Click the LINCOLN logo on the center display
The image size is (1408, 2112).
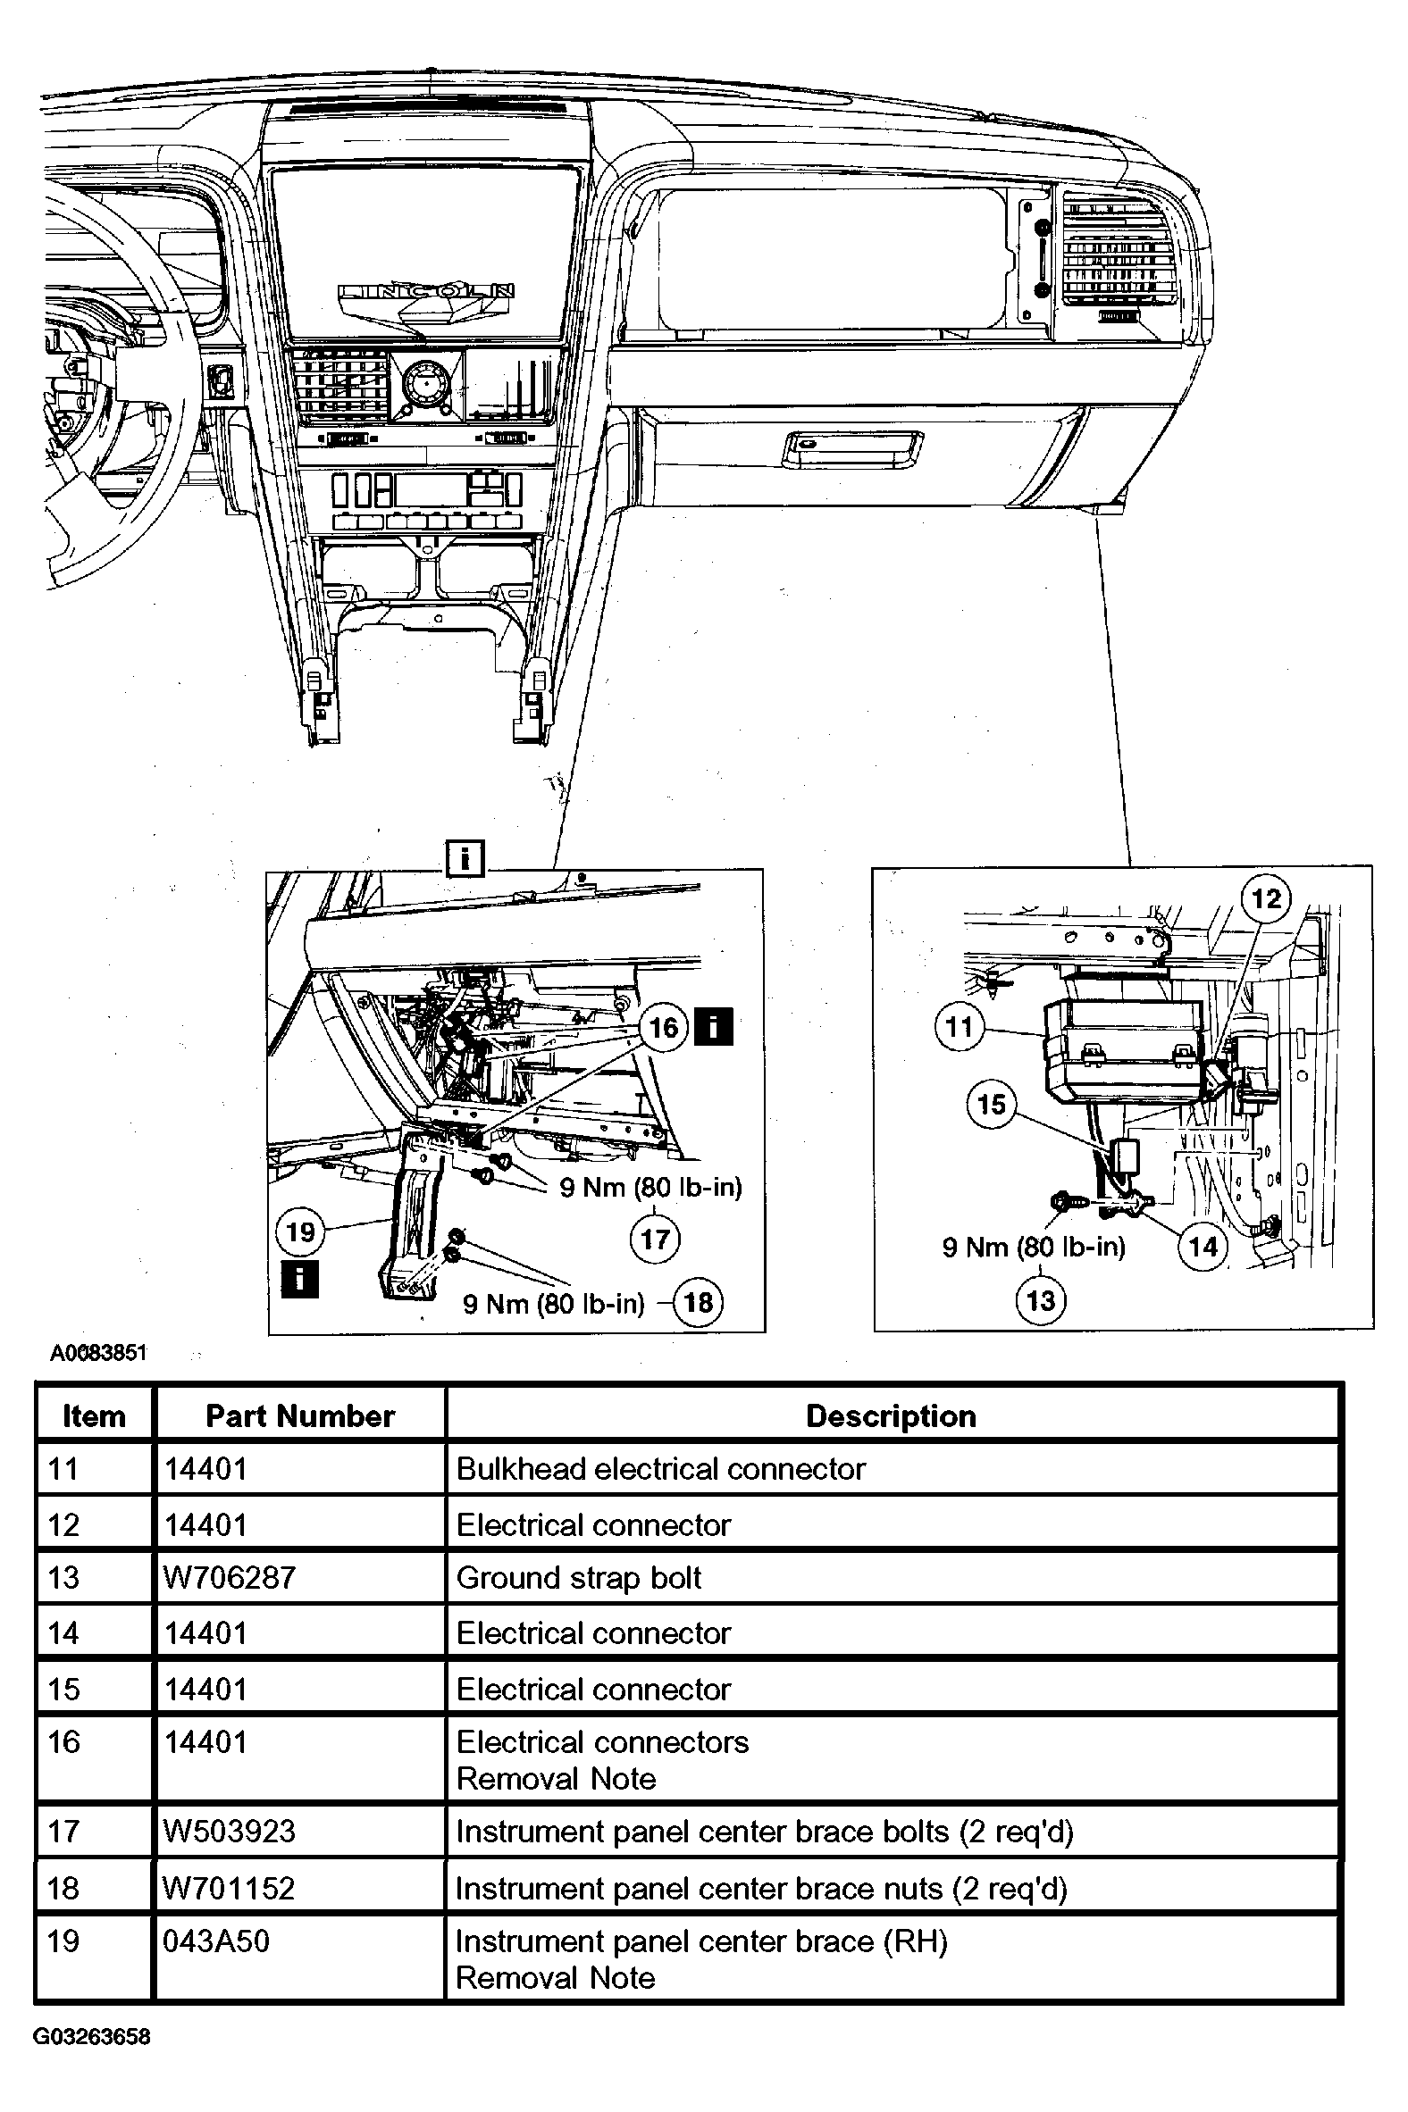(x=426, y=291)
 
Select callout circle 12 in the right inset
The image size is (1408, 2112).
(x=1266, y=898)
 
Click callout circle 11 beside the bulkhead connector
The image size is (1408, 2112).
(x=960, y=1026)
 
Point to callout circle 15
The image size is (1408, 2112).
(x=992, y=1103)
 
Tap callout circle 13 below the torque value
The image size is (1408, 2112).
(x=1041, y=1299)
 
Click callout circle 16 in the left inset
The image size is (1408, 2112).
(x=664, y=1027)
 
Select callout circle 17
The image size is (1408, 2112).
(x=656, y=1240)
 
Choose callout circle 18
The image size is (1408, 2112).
(x=699, y=1301)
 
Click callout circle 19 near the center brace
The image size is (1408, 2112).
(x=300, y=1231)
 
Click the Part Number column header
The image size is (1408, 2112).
(x=300, y=1416)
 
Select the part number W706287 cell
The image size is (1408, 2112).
(x=230, y=1577)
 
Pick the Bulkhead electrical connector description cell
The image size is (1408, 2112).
(x=661, y=1469)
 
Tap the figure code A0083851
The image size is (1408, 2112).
(x=98, y=1353)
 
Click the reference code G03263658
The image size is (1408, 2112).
(x=92, y=2037)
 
